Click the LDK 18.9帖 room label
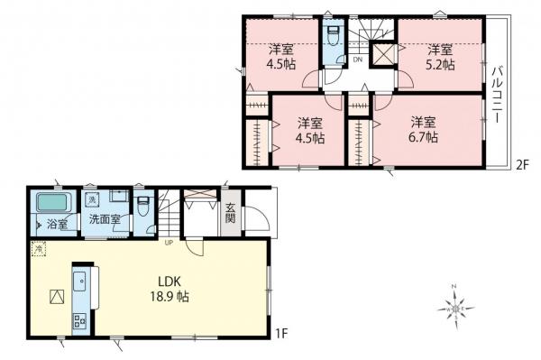coord(170,289)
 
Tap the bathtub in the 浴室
coord(52,202)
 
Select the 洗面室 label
coord(105,219)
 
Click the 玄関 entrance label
coord(230,213)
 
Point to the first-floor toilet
coord(142,206)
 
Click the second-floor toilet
coord(334,36)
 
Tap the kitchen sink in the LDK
coord(79,281)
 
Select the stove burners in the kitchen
coord(79,321)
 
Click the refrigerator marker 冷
coord(39,248)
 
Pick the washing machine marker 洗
coord(92,199)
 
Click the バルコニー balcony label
coord(497,95)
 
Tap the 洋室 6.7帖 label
coord(424,129)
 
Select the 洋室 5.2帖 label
coord(440,57)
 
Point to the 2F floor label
coord(522,166)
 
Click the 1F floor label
coord(281,334)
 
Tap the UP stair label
coord(169,243)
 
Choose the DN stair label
coord(357,60)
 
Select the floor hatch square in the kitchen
coord(57,297)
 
